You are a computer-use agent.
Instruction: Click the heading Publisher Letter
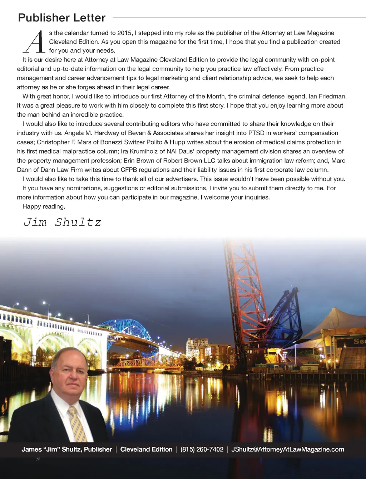point(61,18)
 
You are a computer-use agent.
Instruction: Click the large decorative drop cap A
point(35,42)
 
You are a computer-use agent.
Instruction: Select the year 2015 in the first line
point(124,33)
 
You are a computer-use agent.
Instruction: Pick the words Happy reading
point(44,206)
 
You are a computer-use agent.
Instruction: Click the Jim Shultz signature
point(62,222)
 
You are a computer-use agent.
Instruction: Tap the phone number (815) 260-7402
point(202,449)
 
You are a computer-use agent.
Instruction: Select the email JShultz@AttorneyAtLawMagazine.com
point(287,449)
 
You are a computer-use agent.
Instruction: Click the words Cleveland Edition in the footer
point(146,449)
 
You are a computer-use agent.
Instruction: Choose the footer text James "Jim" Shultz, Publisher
point(67,449)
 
